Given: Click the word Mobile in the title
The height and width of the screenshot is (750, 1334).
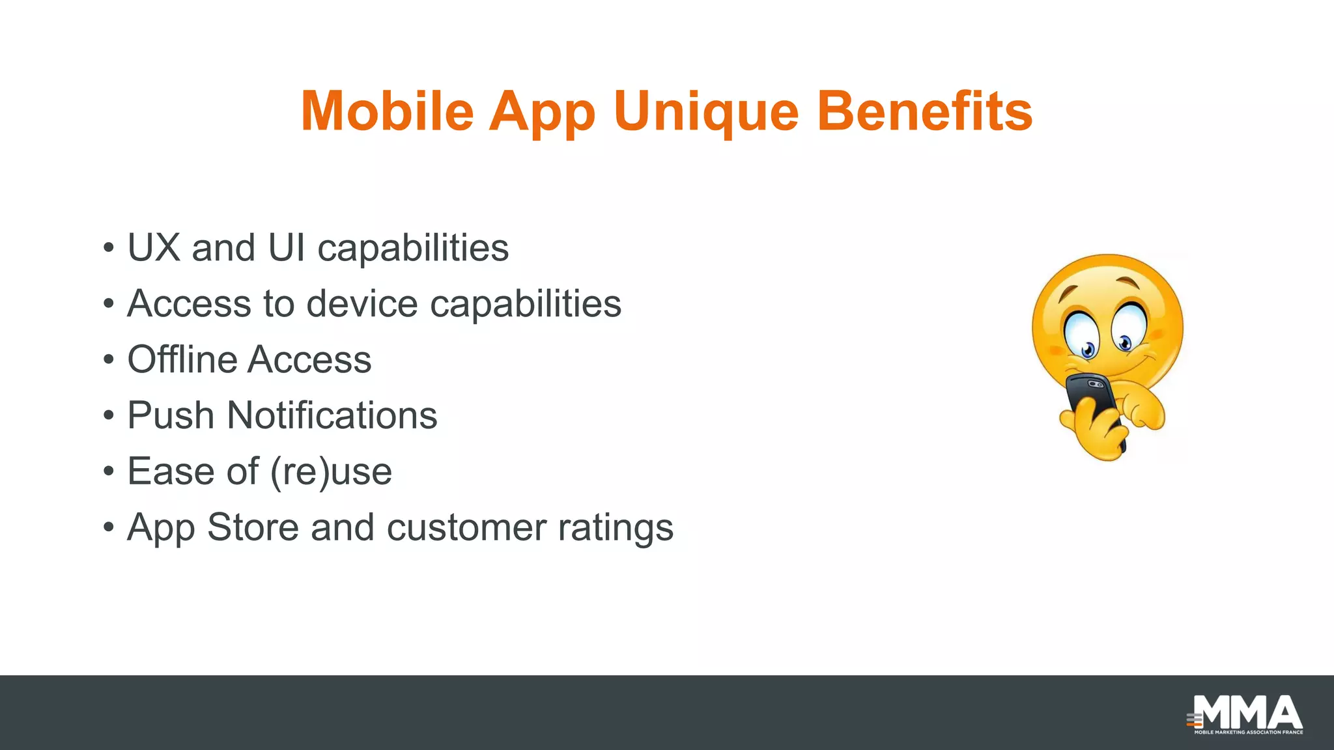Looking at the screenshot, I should point(387,111).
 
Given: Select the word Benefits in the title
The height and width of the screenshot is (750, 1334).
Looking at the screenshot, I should point(924,111).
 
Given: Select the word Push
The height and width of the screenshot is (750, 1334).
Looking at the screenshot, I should point(171,415).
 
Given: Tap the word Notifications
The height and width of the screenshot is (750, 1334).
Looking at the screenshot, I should point(332,415).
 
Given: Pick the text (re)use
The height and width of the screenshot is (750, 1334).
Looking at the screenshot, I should point(331,473).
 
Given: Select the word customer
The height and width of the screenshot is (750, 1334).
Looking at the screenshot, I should point(466,528).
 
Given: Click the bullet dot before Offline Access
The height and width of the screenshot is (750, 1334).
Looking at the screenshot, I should point(109,360).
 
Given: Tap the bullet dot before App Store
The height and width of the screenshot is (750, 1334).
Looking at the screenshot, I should point(109,528).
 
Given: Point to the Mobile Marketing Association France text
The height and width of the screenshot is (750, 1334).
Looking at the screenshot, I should point(1248,732).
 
